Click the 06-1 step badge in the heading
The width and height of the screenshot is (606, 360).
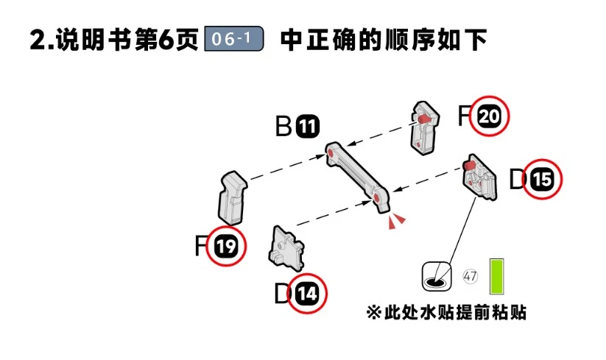click(233, 39)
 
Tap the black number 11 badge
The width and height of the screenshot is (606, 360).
click(307, 127)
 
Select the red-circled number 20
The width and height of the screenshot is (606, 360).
click(489, 117)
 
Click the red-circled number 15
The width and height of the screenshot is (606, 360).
click(542, 180)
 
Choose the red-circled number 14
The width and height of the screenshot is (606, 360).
click(308, 294)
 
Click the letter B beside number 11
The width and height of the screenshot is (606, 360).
click(284, 127)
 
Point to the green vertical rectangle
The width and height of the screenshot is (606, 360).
click(498, 276)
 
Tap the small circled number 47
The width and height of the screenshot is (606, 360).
click(471, 277)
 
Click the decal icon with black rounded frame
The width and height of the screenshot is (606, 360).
click(437, 276)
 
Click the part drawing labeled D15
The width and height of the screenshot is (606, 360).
click(479, 177)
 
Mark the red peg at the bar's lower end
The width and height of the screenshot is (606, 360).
click(378, 197)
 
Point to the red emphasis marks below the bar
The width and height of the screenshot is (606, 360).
click(397, 220)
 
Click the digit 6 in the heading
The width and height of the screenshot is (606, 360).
click(175, 39)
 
